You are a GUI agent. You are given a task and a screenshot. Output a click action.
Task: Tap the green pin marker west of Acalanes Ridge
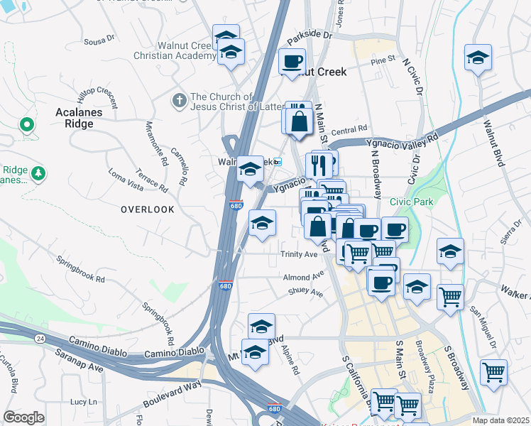click(x=27, y=126)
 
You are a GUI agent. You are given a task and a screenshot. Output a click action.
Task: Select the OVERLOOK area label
click(x=147, y=209)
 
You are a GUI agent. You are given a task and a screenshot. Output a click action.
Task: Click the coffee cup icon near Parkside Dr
click(x=292, y=62)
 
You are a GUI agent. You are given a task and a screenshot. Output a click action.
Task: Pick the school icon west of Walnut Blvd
click(x=478, y=58)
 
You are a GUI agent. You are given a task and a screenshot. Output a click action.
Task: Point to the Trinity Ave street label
click(x=299, y=254)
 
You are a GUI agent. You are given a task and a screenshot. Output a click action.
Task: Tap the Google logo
click(x=23, y=417)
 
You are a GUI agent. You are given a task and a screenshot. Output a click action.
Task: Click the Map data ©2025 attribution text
click(x=500, y=420)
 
